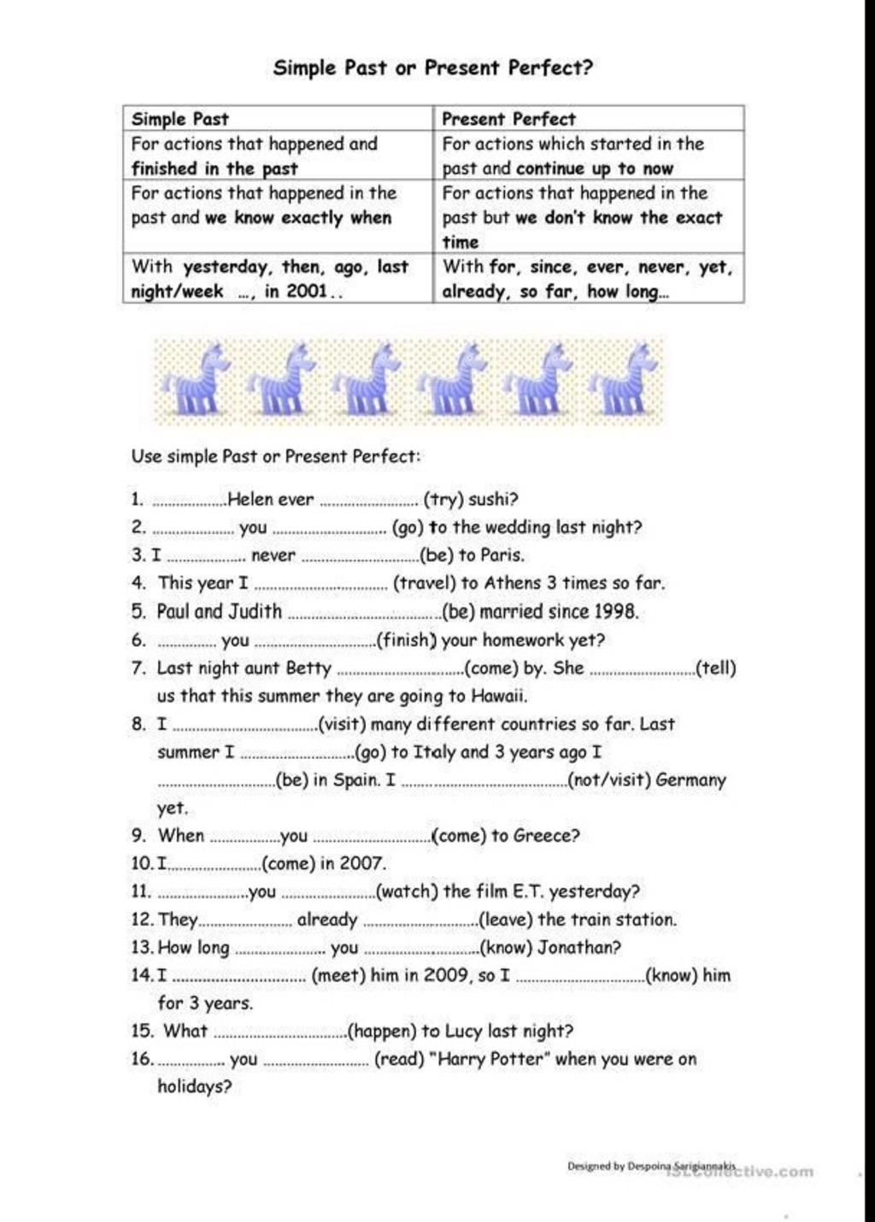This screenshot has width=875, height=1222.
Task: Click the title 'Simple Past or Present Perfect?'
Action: tap(432, 68)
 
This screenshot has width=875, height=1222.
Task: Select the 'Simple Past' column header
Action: tap(180, 119)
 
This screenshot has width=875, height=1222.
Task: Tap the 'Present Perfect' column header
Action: tap(508, 119)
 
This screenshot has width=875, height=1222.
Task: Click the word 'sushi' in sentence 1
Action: tap(490, 500)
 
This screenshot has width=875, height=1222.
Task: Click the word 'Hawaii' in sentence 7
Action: tap(499, 696)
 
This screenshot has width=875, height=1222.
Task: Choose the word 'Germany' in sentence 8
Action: tap(690, 780)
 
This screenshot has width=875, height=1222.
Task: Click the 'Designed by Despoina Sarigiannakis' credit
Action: tap(651, 1166)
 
